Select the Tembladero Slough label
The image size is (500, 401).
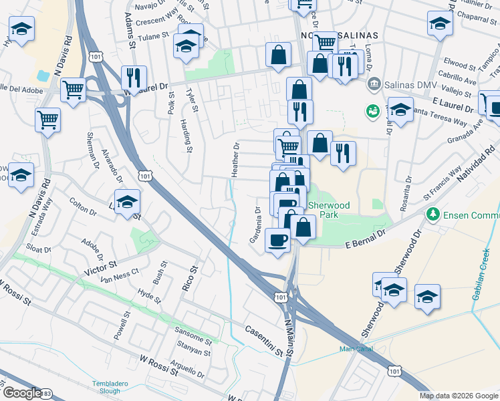pos(110,387)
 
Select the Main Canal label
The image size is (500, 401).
pos(355,349)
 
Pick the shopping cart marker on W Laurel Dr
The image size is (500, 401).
pos(73,89)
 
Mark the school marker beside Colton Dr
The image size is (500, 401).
pos(127,202)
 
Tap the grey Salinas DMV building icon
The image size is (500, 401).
pos(374,85)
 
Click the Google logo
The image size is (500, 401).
pos(21,393)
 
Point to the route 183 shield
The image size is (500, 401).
pos(46,395)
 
